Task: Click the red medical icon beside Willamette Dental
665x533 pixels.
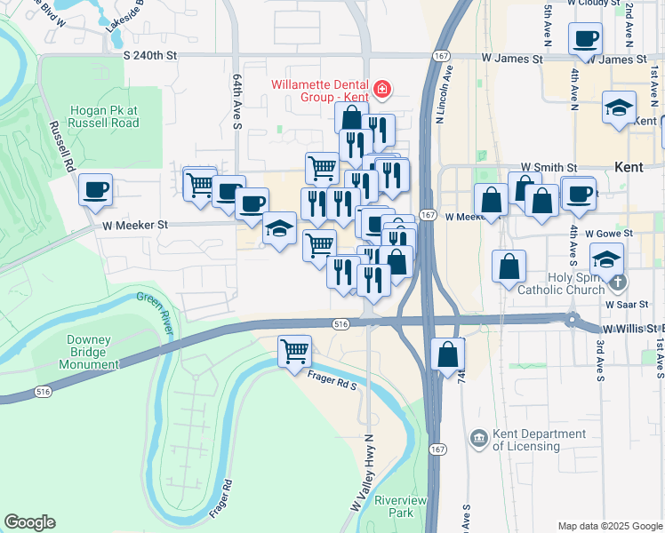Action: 382,88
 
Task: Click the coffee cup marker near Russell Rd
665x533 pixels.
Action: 95,188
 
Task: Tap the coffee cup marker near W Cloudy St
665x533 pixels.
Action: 584,38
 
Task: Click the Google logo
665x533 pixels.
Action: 29,522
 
